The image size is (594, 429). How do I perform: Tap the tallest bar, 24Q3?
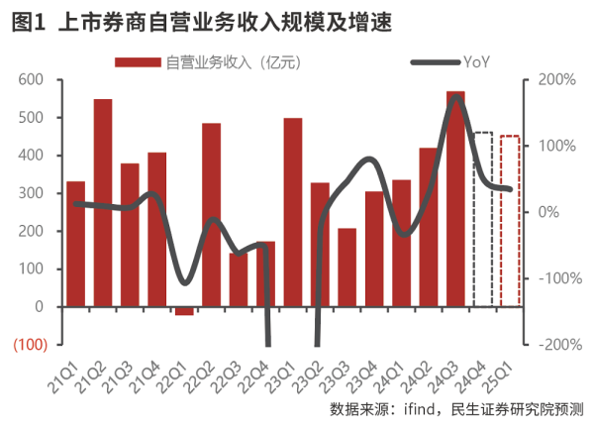click(x=455, y=198)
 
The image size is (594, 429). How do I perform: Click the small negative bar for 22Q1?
click(x=184, y=311)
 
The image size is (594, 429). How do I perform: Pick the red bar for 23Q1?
click(x=292, y=213)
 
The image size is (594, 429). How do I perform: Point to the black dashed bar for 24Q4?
click(x=482, y=219)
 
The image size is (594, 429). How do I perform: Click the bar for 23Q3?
click(x=346, y=268)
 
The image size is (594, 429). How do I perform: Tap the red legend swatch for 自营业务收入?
click(x=138, y=61)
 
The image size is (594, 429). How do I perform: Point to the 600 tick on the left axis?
click(x=32, y=80)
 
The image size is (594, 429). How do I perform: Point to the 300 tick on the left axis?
click(x=32, y=193)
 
